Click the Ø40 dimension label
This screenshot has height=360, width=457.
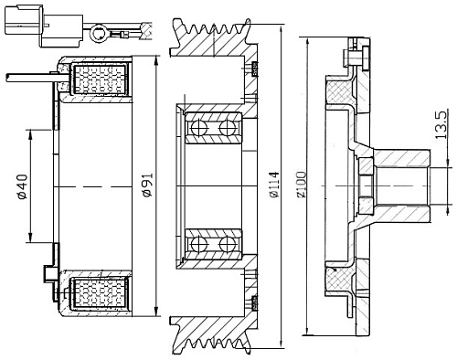(23, 186)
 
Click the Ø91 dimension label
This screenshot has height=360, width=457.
(148, 185)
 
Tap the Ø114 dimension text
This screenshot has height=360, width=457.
(274, 185)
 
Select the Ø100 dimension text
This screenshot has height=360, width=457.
(302, 185)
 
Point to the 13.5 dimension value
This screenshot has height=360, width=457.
(441, 125)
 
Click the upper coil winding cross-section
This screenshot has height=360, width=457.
(100, 79)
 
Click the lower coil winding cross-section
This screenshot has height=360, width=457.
(100, 292)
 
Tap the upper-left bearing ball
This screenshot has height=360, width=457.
(198, 128)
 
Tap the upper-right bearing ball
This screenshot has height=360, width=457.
(227, 128)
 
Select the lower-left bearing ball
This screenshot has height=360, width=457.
(198, 244)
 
